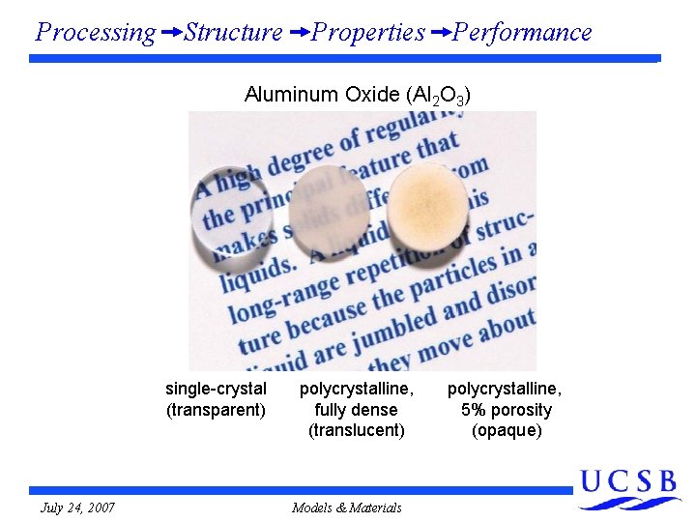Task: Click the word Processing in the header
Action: [95, 33]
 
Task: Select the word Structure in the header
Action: [233, 33]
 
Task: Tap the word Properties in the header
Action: [368, 33]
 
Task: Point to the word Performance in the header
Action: [522, 33]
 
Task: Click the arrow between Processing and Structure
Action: [170, 33]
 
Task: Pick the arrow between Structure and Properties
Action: [299, 33]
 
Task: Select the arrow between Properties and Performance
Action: [440, 33]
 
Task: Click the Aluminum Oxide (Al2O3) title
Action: [358, 95]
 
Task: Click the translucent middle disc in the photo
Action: [330, 206]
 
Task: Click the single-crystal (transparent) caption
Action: [216, 399]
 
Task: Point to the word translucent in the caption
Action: [357, 430]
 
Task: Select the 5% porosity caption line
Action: [507, 410]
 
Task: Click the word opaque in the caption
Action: [507, 430]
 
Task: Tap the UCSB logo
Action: [629, 488]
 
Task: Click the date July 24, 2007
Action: [77, 507]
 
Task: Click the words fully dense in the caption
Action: [356, 410]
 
